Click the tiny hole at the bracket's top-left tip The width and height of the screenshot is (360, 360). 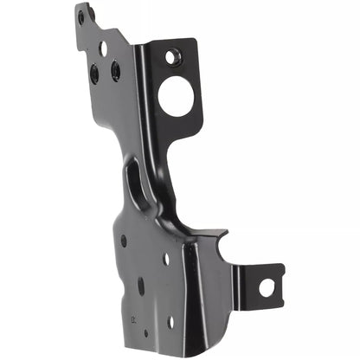tap(81, 16)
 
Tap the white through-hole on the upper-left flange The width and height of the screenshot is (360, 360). tap(102, 48)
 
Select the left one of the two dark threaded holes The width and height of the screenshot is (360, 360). tap(93, 74)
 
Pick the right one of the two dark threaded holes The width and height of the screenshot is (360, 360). tap(115, 70)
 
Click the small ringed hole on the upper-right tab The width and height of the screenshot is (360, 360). tap(173, 58)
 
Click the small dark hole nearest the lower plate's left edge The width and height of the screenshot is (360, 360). tap(124, 241)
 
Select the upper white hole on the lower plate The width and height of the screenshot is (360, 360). tap(166, 259)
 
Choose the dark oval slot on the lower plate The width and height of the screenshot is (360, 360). tap(141, 286)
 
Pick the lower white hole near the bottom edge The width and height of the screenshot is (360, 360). tap(170, 322)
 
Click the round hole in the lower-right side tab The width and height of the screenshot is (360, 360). tap(267, 286)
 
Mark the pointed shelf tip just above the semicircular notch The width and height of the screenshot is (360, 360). tap(227, 231)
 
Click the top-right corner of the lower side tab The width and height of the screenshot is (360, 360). tap(282, 267)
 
